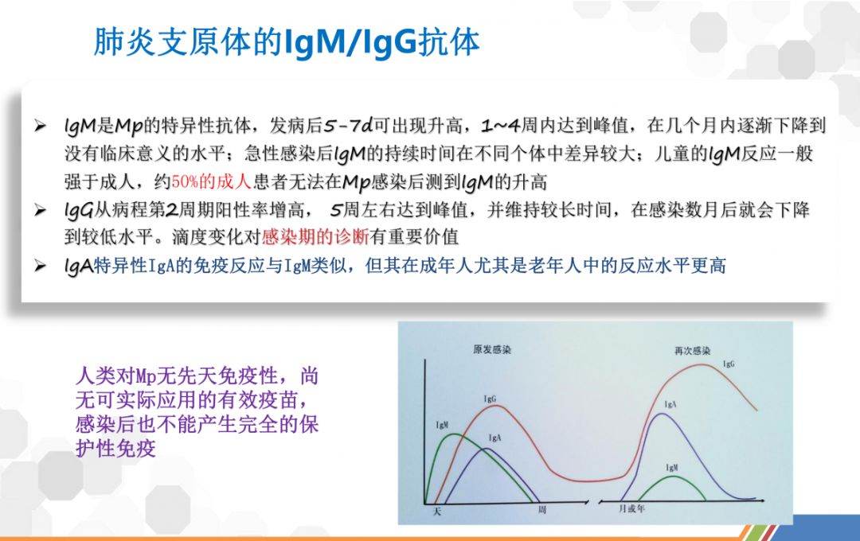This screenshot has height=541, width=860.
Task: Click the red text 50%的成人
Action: click(x=211, y=181)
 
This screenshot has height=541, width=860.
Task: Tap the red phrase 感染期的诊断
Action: click(x=315, y=237)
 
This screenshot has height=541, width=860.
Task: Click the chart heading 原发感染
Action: click(x=492, y=350)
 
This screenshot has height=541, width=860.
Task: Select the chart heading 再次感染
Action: click(x=692, y=351)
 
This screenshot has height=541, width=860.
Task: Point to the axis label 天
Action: click(x=437, y=512)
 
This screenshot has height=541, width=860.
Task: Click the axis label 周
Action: click(x=542, y=510)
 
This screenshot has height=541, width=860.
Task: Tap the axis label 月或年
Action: click(x=631, y=508)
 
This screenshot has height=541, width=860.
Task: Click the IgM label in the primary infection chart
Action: click(x=442, y=425)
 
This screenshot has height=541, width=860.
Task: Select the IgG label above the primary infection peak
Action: click(x=490, y=399)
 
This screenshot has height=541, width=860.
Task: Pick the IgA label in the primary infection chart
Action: click(x=494, y=438)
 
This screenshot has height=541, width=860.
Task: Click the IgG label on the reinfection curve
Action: click(x=729, y=364)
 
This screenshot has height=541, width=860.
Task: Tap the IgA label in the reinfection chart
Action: click(x=670, y=404)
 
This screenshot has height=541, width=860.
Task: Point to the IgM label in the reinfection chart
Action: click(x=672, y=468)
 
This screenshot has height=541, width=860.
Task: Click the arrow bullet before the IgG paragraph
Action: click(x=40, y=210)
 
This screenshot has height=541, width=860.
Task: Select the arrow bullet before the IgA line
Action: click(x=40, y=267)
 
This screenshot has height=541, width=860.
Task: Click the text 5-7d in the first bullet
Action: click(x=348, y=126)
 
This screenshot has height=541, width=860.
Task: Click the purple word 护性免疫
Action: click(x=115, y=449)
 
